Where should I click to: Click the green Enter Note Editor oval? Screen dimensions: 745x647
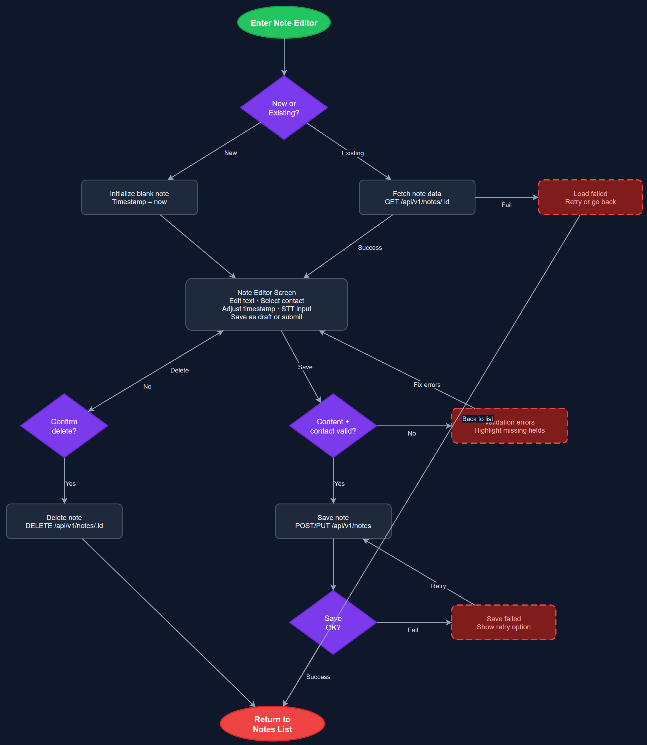(284, 22)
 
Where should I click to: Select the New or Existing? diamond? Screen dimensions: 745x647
(284, 108)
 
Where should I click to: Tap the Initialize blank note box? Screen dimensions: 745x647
(139, 198)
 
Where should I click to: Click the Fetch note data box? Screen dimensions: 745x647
(417, 198)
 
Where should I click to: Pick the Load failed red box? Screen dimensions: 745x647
(590, 198)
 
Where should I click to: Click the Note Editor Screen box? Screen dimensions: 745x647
(266, 304)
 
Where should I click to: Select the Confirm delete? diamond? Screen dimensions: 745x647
(64, 426)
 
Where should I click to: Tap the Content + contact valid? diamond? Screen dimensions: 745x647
(333, 426)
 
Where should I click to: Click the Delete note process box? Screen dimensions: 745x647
(64, 521)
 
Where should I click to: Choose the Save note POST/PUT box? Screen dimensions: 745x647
(333, 521)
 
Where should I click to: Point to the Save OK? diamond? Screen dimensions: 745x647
(333, 622)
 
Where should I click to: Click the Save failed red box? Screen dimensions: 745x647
(503, 622)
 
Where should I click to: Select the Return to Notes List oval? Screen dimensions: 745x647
(272, 724)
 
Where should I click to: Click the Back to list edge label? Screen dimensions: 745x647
(477, 419)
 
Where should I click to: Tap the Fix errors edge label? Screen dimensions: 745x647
(427, 385)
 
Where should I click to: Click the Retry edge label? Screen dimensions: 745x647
(438, 586)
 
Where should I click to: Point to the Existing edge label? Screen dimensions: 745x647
(352, 153)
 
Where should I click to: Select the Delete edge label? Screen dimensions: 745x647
(179, 370)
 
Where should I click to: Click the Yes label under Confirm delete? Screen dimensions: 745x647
(70, 484)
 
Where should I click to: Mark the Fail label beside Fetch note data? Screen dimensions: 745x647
(506, 205)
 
